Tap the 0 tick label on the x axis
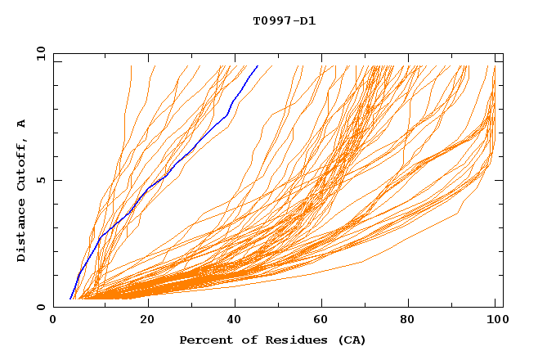pyautogui.click(x=53, y=319)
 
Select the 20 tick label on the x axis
pyautogui.click(x=142, y=319)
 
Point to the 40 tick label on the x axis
pyautogui.click(x=231, y=319)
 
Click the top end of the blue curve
pyautogui.click(x=258, y=65)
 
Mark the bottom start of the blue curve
pyautogui.click(x=70, y=299)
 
